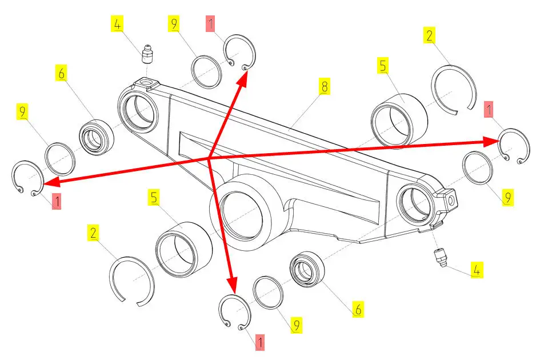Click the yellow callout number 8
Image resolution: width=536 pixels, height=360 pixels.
click(x=325, y=86)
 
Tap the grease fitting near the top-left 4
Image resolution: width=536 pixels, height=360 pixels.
click(x=147, y=54)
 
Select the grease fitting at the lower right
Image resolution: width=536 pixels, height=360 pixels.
click(x=440, y=258)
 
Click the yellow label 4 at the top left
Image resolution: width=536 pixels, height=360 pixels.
click(x=117, y=25)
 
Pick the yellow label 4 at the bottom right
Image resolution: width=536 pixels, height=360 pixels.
click(x=477, y=270)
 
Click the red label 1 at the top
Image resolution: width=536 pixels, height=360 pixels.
click(x=210, y=23)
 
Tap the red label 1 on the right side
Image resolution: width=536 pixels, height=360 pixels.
click(x=489, y=109)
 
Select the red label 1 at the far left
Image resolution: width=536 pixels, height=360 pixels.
click(x=57, y=201)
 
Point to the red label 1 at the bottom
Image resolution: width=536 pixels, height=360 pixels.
click(x=260, y=342)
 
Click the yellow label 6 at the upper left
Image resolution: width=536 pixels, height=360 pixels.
click(x=62, y=73)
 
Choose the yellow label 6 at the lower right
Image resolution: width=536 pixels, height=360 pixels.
click(x=358, y=309)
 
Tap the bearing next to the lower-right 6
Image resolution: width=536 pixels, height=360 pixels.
click(x=307, y=269)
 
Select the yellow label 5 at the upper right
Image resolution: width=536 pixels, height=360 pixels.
click(x=383, y=66)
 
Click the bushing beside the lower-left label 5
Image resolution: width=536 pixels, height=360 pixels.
click(x=184, y=249)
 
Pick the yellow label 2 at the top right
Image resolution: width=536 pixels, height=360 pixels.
click(x=429, y=35)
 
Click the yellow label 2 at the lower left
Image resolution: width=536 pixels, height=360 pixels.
click(x=93, y=233)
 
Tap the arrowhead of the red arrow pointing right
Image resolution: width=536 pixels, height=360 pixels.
click(x=491, y=141)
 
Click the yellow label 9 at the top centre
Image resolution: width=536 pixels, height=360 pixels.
click(x=174, y=23)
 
